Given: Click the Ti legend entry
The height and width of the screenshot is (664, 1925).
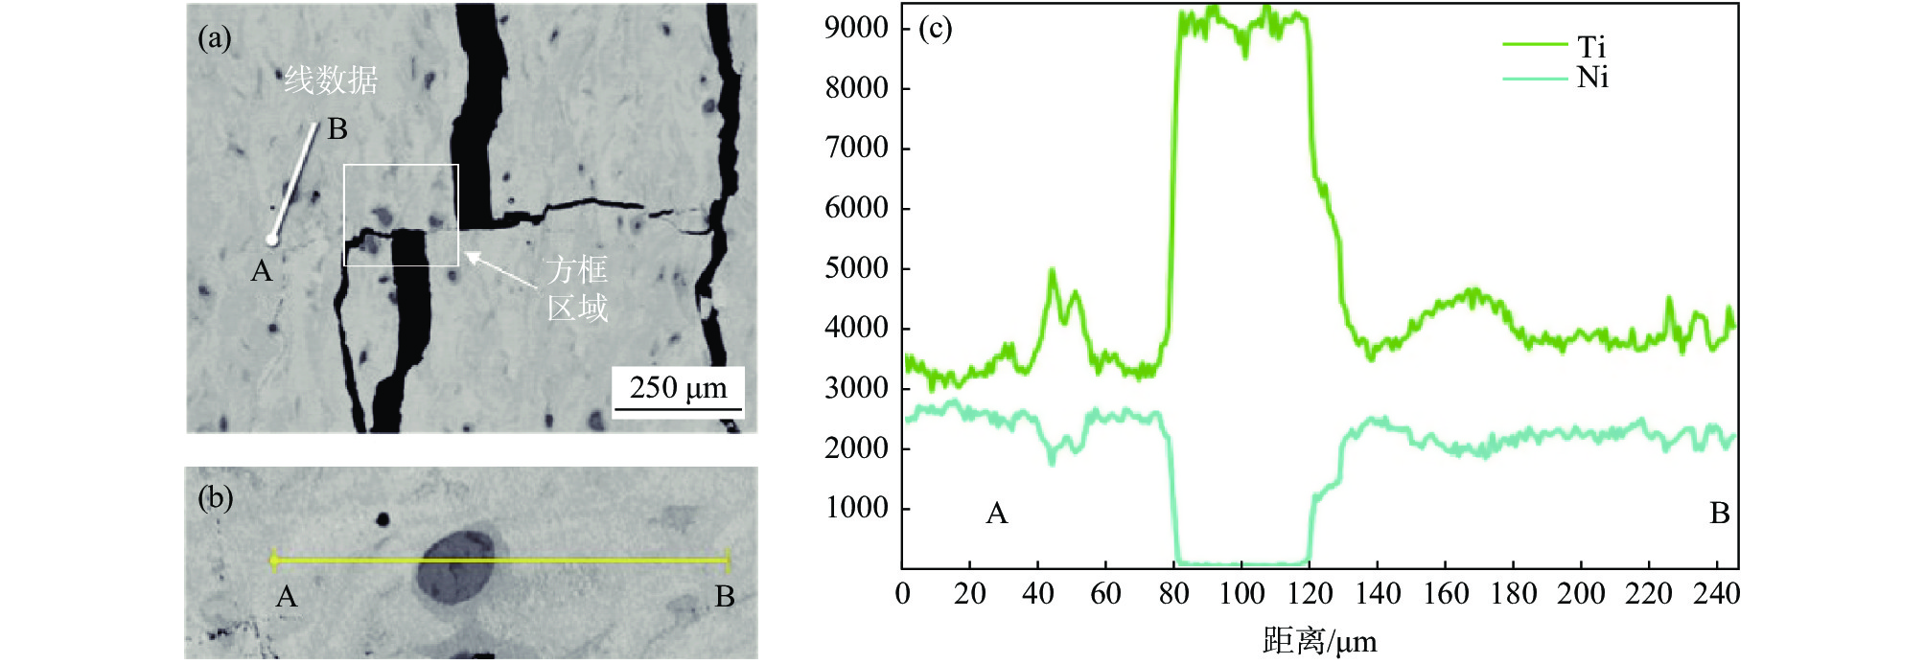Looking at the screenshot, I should coord(1590,47).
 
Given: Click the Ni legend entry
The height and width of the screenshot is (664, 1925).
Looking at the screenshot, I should coord(1592,78).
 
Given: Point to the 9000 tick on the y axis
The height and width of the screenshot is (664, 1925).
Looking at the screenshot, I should coord(856,28).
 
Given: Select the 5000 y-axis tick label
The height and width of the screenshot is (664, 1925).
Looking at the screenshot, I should coord(856,267).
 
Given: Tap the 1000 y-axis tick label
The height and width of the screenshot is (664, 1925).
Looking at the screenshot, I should coord(856,508).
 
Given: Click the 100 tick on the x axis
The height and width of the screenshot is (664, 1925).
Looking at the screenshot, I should coord(1241,594).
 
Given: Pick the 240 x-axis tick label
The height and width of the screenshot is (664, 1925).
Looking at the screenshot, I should coord(1716,594).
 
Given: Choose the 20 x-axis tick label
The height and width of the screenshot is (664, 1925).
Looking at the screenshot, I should coord(969,594).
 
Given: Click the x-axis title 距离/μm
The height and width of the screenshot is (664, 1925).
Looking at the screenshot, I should coord(1319,640).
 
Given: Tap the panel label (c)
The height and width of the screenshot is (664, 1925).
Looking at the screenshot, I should coord(935,29).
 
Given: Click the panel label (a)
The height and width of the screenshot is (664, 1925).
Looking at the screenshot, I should coord(215,38).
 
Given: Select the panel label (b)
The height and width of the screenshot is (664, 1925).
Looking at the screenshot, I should coord(215,498).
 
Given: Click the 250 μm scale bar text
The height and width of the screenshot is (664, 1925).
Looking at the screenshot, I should coord(678,388).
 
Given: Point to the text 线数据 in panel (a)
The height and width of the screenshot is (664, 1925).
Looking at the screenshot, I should coord(331,80).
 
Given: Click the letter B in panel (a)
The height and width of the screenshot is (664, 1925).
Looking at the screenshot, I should coord(336,129).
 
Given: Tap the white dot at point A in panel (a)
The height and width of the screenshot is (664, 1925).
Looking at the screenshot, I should coord(272,240).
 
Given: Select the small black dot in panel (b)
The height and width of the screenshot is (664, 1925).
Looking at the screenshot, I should coord(383,519).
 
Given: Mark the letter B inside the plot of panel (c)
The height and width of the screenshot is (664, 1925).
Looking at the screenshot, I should coord(1720,514).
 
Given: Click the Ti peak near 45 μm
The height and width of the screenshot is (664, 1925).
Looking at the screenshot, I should coord(1053,273).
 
